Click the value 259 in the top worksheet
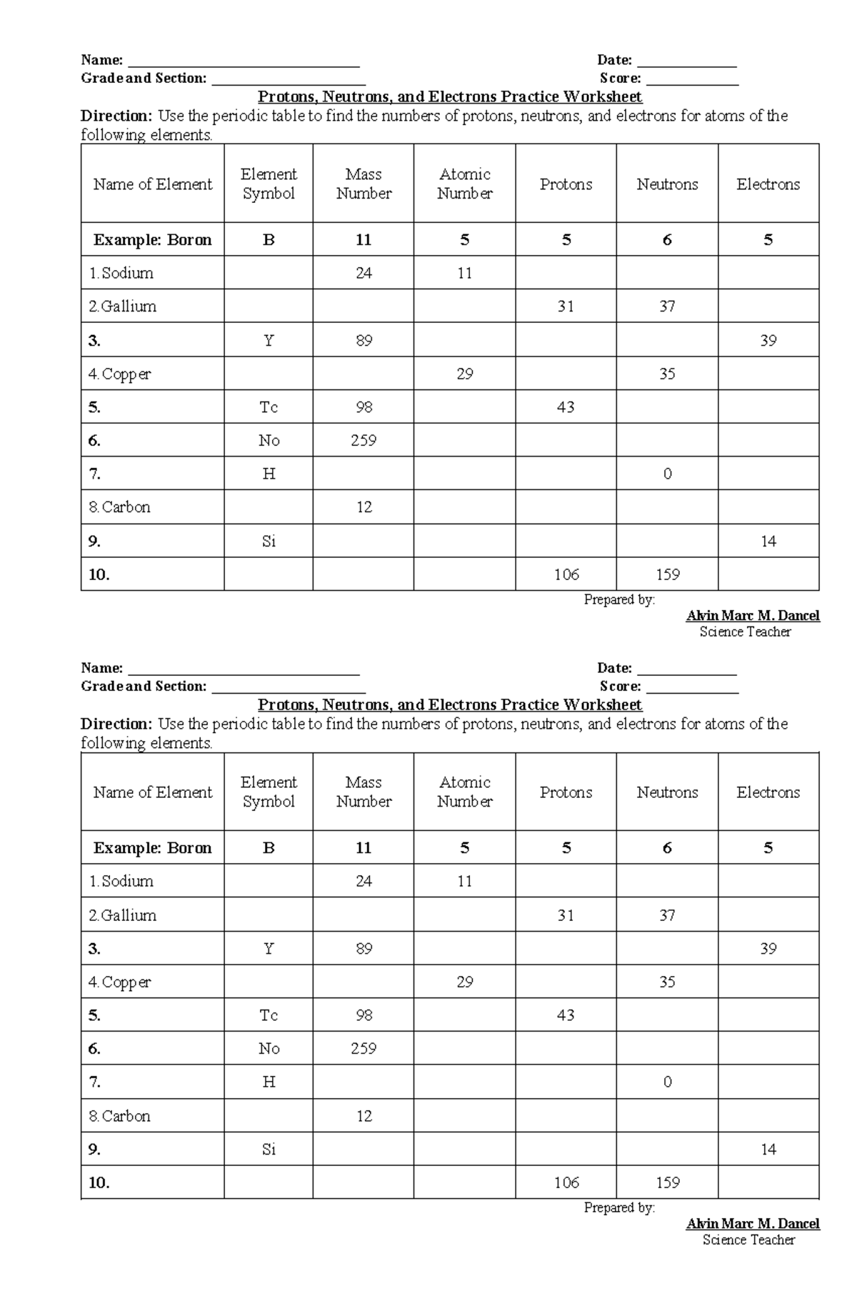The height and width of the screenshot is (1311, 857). coord(364,441)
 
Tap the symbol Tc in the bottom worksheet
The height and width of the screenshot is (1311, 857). coord(269,1015)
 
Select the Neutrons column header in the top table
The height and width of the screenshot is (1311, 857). coord(667,184)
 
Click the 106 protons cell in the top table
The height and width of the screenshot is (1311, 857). coord(566,574)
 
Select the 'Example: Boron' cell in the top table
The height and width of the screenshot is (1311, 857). coord(152,240)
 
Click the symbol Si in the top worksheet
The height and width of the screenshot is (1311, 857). coord(269,542)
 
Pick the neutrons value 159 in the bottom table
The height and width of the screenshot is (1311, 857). coord(667,1182)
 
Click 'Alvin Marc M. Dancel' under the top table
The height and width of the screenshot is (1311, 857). coord(753,616)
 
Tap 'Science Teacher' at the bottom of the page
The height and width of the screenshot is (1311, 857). coord(748,1240)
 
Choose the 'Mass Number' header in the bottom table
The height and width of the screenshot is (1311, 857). coord(364,792)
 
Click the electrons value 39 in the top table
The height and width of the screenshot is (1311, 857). coord(768,341)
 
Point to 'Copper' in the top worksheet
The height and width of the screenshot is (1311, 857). coord(126,374)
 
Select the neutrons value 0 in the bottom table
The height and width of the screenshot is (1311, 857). coord(667,1082)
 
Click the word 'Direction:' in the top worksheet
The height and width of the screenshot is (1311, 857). coord(116,116)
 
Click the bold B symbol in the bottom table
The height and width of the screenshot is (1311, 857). coord(269,848)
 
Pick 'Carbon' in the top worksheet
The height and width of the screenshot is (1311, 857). coord(126,507)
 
